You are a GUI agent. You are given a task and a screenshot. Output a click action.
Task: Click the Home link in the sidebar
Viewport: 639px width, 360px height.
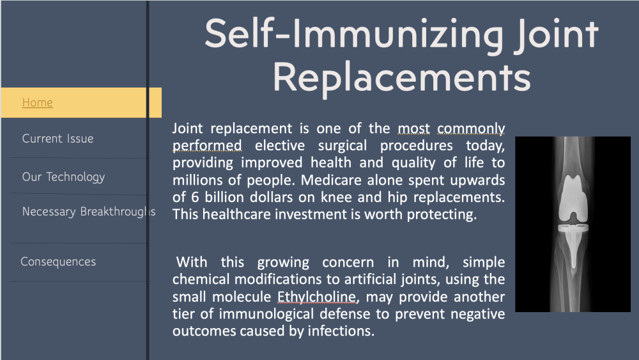click(x=37, y=102)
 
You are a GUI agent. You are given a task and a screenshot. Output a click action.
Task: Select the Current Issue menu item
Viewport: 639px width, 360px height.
click(x=58, y=139)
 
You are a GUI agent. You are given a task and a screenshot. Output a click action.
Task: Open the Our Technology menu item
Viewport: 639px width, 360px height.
click(x=63, y=177)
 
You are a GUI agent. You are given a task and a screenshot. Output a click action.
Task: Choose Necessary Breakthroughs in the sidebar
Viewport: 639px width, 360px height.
click(x=88, y=212)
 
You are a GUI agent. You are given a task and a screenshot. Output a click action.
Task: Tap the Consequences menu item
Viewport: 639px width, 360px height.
click(x=58, y=262)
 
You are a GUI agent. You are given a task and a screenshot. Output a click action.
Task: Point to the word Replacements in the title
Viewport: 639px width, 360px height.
click(x=402, y=77)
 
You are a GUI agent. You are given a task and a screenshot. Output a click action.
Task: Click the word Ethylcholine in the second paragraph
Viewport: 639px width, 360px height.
click(x=318, y=297)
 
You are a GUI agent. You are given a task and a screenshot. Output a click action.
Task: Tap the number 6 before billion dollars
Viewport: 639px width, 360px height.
click(x=195, y=198)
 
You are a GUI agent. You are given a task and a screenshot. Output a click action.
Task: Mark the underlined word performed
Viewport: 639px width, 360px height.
click(x=207, y=146)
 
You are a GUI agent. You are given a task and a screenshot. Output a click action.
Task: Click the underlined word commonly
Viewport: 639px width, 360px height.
click(x=471, y=129)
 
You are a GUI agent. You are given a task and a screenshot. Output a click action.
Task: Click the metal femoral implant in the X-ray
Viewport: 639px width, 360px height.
click(x=573, y=198)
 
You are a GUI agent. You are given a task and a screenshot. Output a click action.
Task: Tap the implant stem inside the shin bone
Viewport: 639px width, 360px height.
click(x=573, y=249)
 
